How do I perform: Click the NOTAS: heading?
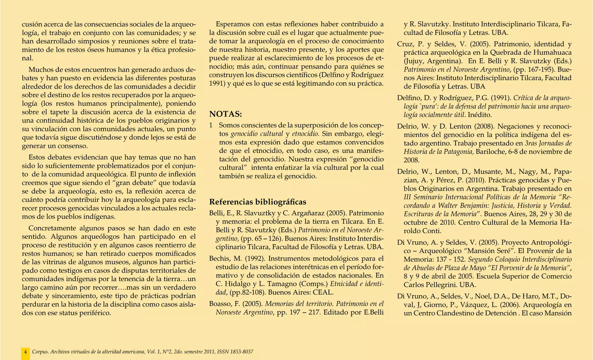point(226,114)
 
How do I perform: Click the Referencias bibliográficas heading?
point(257,202)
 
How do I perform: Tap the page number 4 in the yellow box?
point(25,352)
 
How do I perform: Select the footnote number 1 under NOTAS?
point(211,125)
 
